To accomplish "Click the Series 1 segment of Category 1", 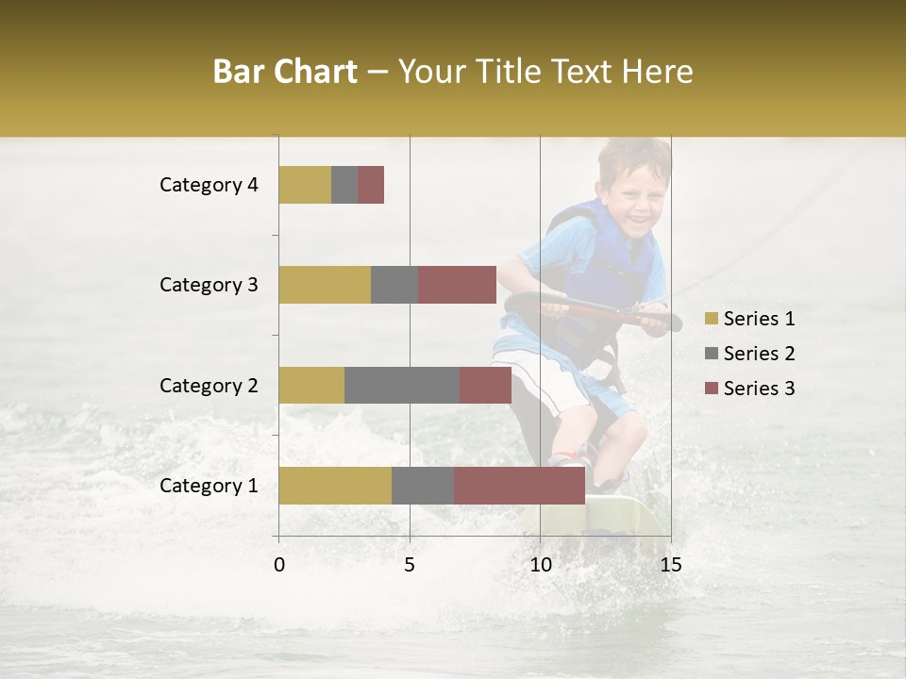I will coord(335,486).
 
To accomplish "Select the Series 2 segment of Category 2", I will coord(402,385).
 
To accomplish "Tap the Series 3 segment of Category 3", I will coord(457,285).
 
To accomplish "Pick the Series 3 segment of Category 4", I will coord(371,185).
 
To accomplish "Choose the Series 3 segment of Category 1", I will coord(519,486).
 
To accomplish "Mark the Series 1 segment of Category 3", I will coord(325,285).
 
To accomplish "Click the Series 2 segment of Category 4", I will coord(344,185).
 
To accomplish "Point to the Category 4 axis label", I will coord(209,185).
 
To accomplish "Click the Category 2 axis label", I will coord(209,385).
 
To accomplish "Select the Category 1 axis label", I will coord(209,486).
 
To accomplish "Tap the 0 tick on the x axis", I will coord(279,565).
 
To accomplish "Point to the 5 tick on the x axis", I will coord(410,565).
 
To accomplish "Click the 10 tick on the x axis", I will coord(540,565).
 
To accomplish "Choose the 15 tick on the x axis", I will coord(670,565).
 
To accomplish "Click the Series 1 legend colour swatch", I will coord(711,319).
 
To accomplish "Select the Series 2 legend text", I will coord(759,354).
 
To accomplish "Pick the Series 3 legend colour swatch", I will coord(711,389).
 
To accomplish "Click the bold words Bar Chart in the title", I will coord(285,72).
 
